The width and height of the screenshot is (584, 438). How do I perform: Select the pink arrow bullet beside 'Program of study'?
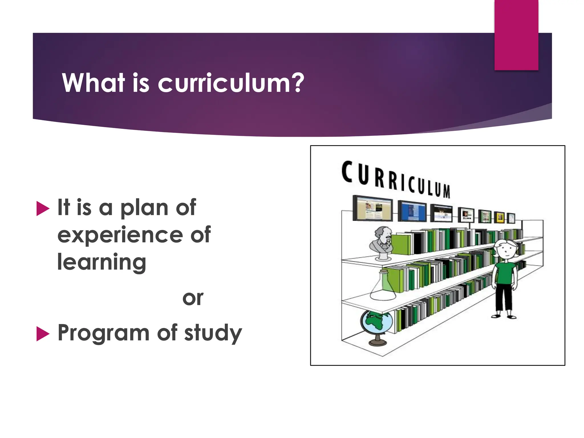coord(43,334)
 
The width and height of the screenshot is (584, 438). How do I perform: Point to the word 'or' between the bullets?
coord(193,299)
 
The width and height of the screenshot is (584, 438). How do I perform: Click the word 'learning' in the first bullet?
coord(102,262)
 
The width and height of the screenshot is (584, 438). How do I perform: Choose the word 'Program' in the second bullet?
coord(103,333)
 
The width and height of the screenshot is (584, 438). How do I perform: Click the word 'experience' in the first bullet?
coord(120,235)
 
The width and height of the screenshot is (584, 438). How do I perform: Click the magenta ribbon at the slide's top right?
coord(516,35)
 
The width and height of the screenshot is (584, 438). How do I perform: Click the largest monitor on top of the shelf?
coord(373,208)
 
